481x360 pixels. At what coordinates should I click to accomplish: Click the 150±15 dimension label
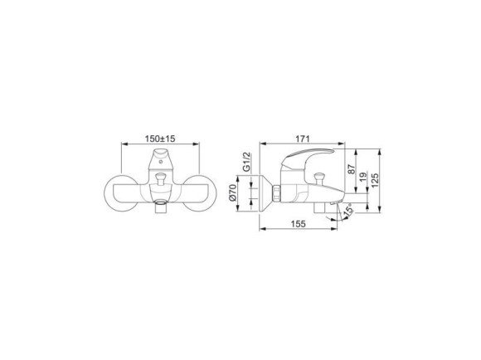click(x=160, y=139)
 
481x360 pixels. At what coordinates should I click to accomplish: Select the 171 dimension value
click(x=303, y=139)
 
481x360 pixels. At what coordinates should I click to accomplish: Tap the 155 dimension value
click(x=299, y=224)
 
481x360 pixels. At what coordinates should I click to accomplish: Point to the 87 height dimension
click(x=352, y=169)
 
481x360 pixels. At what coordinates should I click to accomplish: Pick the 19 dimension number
click(x=363, y=177)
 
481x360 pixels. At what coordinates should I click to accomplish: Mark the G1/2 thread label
click(x=246, y=162)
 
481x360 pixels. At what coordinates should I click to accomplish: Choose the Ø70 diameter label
click(x=233, y=192)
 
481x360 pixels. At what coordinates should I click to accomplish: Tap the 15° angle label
click(x=347, y=210)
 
